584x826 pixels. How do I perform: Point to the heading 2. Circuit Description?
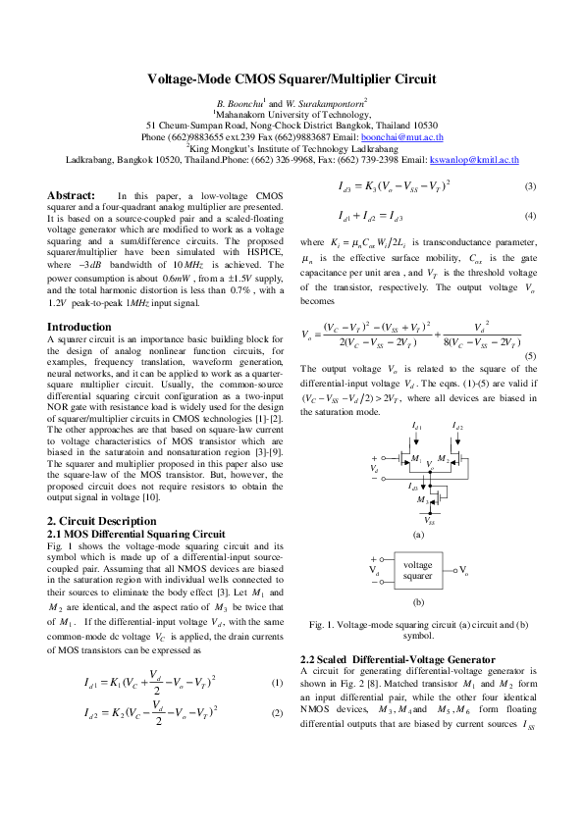(101, 519)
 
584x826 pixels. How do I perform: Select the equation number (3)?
(530, 186)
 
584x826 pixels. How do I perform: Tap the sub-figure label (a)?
(418, 535)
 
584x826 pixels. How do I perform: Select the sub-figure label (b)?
(418, 603)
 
